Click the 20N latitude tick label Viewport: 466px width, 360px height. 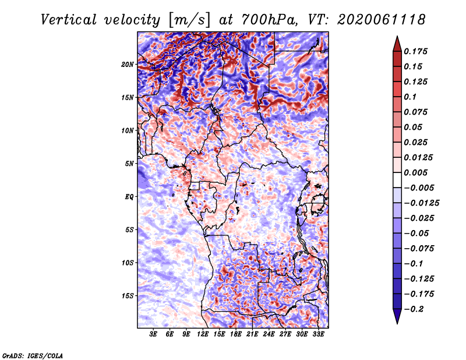(x=128, y=64)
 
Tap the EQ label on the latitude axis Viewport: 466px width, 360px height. (x=129, y=196)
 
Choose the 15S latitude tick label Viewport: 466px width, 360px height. (x=128, y=295)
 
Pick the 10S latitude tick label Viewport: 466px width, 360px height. (x=128, y=262)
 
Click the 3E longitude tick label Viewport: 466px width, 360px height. (x=154, y=336)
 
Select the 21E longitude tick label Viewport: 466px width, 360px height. (x=253, y=336)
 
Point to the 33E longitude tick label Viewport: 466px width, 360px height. (x=319, y=336)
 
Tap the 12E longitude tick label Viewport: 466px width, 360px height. (x=203, y=336)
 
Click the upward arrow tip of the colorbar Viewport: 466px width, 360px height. (x=397, y=38)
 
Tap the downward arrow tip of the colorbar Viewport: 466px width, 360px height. (x=397, y=322)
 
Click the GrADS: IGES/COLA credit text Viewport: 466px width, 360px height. (x=32, y=355)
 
